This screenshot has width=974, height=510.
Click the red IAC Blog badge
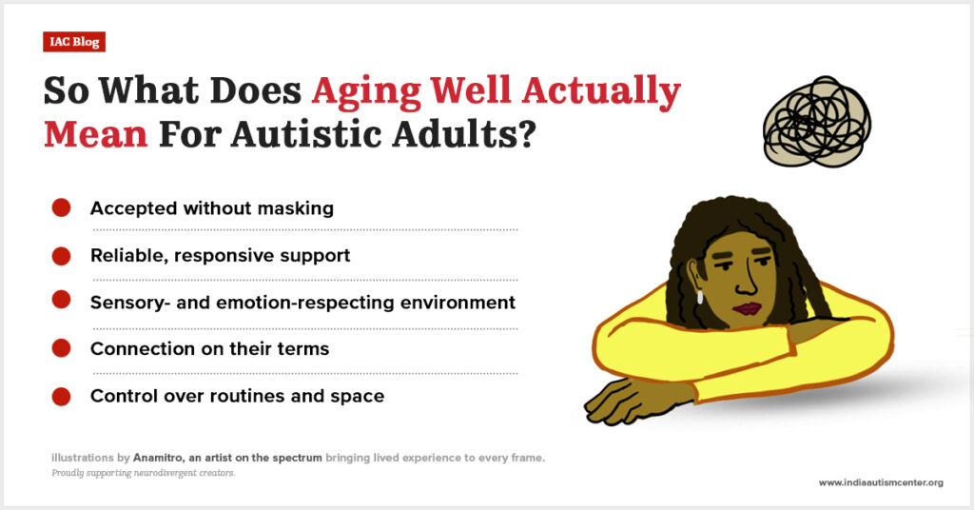[74, 42]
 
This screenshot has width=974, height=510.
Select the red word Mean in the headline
[96, 133]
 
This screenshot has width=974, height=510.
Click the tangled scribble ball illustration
[817, 122]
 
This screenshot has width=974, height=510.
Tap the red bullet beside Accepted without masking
[61, 207]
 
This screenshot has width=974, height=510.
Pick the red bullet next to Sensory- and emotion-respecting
[61, 300]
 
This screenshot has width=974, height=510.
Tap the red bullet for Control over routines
[61, 397]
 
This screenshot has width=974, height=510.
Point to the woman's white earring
[700, 297]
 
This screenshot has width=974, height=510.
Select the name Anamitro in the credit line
[158, 458]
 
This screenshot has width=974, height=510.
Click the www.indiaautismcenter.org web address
[881, 482]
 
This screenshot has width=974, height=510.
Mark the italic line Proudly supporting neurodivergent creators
[144, 473]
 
